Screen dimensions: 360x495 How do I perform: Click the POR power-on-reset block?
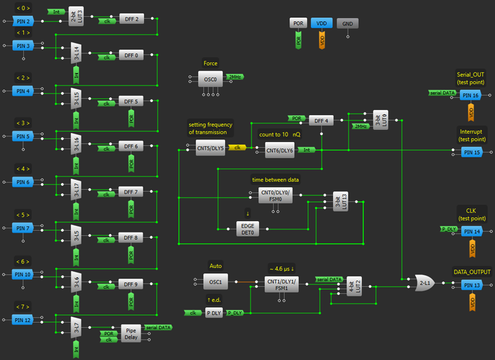[x=298, y=23]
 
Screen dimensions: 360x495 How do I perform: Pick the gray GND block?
[x=347, y=23]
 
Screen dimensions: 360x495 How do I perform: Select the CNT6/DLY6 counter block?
[x=280, y=150]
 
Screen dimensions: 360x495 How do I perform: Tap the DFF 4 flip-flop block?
[x=321, y=120]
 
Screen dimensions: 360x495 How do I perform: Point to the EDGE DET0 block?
[x=248, y=229]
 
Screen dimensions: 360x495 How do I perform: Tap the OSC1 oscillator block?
[x=215, y=282]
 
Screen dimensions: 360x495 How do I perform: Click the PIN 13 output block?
[x=471, y=285]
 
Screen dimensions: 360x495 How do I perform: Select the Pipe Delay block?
[x=131, y=334]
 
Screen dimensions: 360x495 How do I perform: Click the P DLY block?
[x=213, y=312]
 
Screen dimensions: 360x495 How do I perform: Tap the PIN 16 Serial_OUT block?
[x=471, y=95]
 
